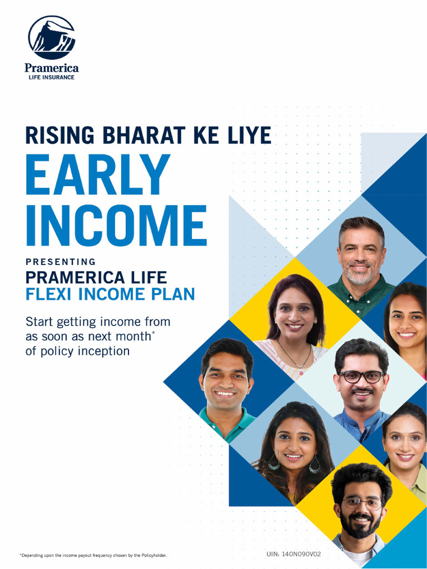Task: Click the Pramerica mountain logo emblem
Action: coord(51,37)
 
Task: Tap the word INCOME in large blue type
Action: coord(116,226)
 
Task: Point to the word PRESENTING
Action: coord(61,262)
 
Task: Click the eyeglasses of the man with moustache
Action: coord(361,377)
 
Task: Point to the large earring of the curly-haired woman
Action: coord(314,465)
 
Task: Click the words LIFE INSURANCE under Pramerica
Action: coord(51,77)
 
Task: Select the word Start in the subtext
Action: coord(39,322)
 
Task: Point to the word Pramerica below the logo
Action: coord(51,68)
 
